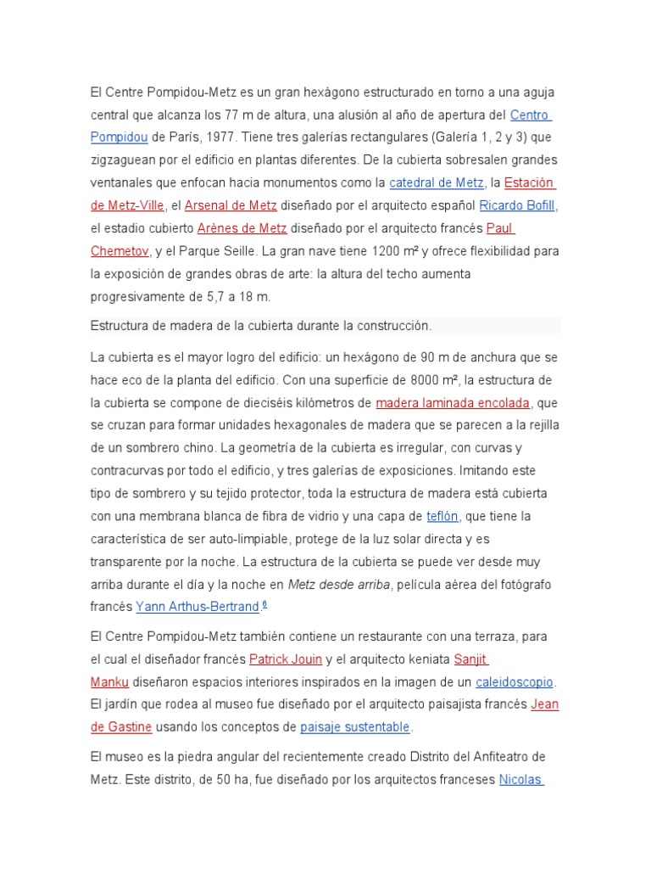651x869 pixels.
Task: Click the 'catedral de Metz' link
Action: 436,182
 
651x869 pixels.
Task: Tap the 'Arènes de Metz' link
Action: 242,228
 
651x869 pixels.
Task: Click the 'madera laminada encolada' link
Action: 453,402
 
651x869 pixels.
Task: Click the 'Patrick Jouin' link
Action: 286,659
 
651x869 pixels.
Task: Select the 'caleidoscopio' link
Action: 515,682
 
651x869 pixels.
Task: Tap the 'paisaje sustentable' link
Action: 355,727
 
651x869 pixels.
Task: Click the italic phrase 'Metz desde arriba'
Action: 339,584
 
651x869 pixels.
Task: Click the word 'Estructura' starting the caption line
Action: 119,326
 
